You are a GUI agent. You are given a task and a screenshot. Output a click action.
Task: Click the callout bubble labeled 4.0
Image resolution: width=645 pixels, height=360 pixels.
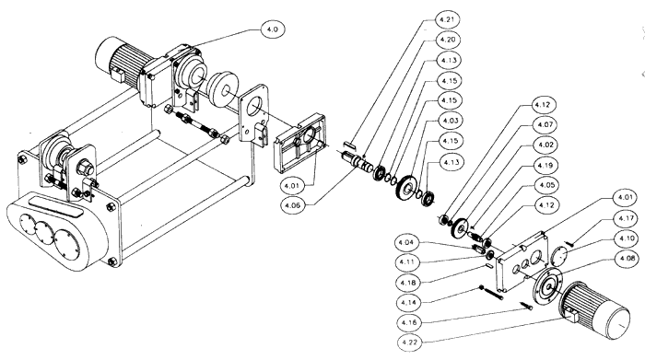click(x=273, y=29)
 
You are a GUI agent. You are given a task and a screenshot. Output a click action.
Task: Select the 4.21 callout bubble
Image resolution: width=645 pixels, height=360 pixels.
click(x=447, y=19)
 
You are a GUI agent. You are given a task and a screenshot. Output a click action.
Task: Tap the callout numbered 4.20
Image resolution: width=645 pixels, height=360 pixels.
click(x=447, y=40)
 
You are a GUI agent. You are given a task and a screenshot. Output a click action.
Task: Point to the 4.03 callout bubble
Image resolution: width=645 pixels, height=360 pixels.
click(x=450, y=121)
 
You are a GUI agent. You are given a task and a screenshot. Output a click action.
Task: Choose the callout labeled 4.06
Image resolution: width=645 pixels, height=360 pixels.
click(x=292, y=205)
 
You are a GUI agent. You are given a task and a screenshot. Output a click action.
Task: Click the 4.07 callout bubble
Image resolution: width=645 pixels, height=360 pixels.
click(x=545, y=124)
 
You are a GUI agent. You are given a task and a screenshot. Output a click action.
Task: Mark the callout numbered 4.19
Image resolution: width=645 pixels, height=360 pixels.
click(x=545, y=165)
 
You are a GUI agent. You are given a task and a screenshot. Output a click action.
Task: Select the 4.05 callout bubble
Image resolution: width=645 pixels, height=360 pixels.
click(x=546, y=185)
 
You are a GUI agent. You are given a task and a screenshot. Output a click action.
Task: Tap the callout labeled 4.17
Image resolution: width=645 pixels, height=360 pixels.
click(x=626, y=218)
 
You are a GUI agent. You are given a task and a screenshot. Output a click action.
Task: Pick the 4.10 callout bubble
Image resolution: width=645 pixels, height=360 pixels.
click(x=626, y=238)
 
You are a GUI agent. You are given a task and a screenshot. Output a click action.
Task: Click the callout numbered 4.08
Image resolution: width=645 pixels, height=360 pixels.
click(x=627, y=259)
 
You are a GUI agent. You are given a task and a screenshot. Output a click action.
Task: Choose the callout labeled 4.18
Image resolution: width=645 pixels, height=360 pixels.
click(x=407, y=283)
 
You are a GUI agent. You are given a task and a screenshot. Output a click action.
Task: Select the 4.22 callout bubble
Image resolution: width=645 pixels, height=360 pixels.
click(x=410, y=342)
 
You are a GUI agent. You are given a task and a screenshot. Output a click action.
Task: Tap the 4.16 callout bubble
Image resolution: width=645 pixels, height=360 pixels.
click(x=409, y=322)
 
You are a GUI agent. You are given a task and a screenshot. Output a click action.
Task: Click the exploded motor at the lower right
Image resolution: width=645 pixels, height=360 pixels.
click(x=594, y=310)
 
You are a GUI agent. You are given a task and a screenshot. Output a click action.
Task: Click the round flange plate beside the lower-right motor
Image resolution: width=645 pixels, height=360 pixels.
click(x=547, y=286)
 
